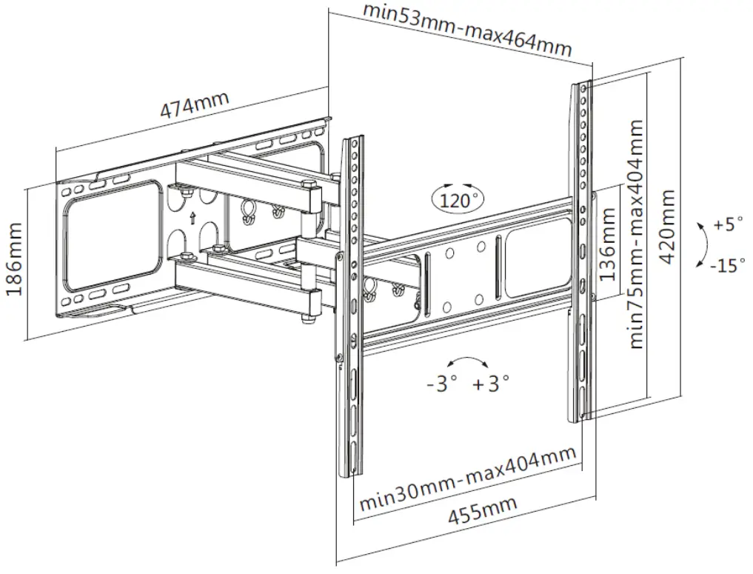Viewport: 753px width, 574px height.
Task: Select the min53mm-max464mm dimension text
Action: [468, 31]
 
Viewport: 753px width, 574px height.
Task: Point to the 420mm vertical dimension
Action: [668, 226]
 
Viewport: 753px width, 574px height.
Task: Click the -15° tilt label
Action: [727, 265]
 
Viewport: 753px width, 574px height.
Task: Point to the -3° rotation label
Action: [442, 384]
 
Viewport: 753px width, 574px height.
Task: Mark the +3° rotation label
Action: [491, 384]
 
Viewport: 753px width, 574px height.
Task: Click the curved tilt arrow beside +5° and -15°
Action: [703, 244]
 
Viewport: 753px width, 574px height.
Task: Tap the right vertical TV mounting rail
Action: [580, 252]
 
